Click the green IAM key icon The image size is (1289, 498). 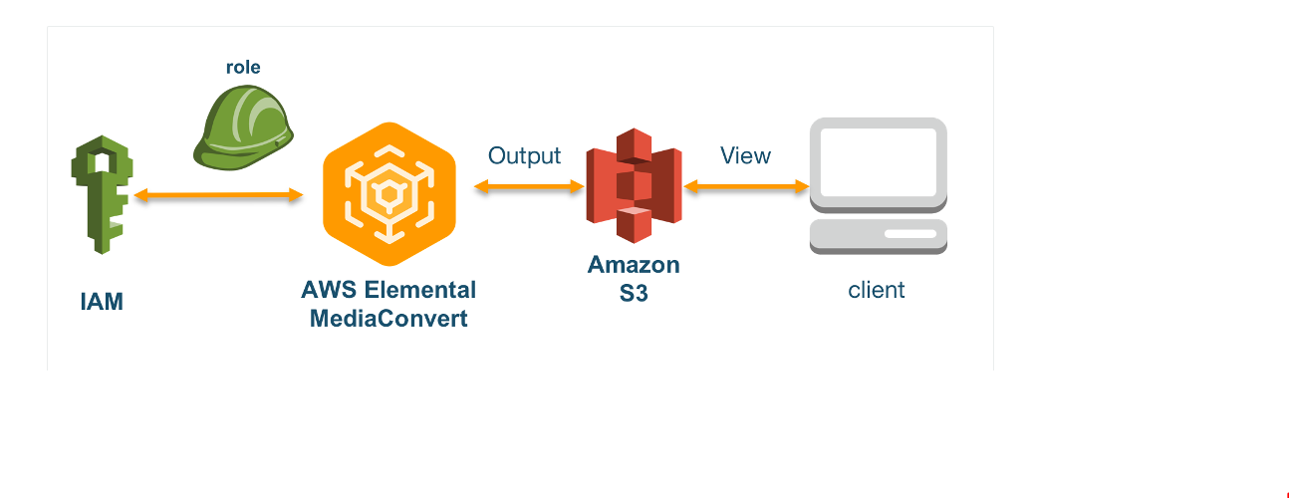tap(102, 196)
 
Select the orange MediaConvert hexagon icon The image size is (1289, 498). tap(389, 194)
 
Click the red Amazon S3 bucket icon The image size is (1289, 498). tap(635, 186)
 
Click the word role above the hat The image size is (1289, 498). tap(244, 68)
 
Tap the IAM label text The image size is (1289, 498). tap(102, 302)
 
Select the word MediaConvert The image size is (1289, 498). tap(388, 319)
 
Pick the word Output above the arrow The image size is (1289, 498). tap(524, 156)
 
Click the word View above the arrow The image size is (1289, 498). tap(745, 156)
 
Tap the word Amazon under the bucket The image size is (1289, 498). tap(634, 265)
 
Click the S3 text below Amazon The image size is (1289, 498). tap(634, 294)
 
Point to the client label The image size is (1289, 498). tap(877, 290)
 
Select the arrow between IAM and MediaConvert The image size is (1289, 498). tap(218, 196)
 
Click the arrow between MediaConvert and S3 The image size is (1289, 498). tap(529, 186)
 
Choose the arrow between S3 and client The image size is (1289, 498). tap(746, 186)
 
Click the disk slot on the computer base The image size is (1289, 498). tap(909, 234)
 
